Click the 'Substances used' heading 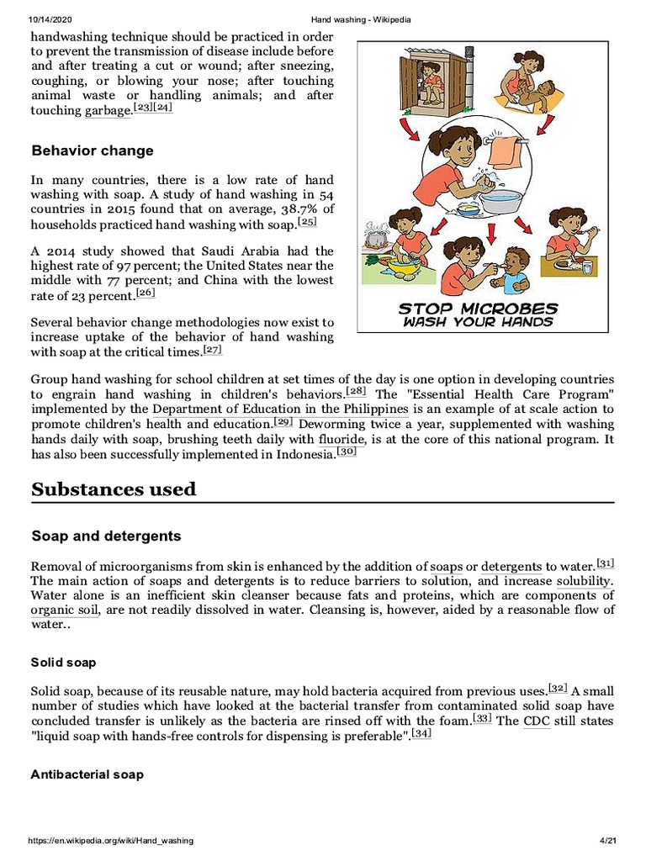(114, 489)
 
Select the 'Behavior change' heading (93, 151)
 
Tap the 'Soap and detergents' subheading (106, 536)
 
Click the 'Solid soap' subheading (64, 663)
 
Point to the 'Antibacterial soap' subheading (87, 774)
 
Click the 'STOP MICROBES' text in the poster (477, 309)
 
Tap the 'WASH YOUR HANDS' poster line (477, 322)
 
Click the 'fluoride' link (342, 439)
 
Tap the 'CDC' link (537, 721)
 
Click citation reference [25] (308, 223)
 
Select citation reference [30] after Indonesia (347, 452)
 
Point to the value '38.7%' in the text (301, 209)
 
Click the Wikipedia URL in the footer (111, 841)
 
